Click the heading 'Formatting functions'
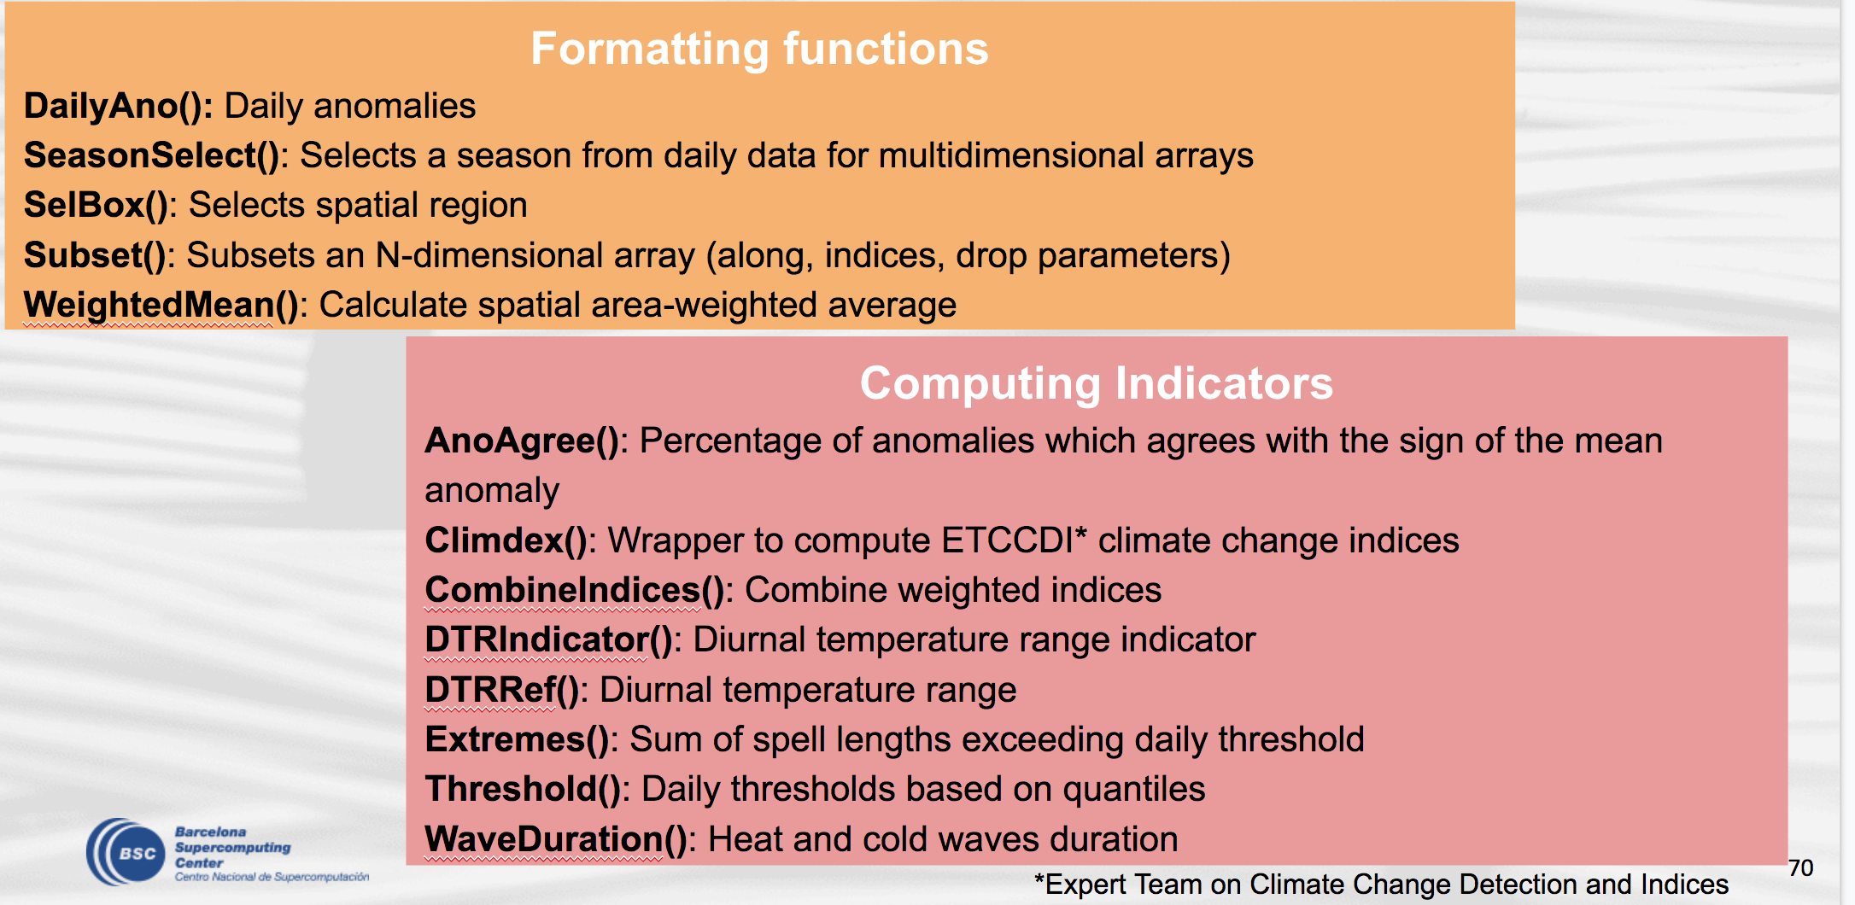pos(759,49)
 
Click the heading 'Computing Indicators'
pos(1096,383)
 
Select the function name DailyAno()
pos(118,107)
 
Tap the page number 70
pos(1800,868)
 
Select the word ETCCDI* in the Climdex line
pos(1015,541)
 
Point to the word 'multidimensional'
pos(1012,156)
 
